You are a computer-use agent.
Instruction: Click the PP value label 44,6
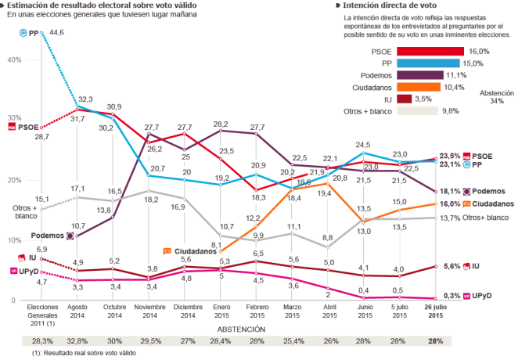[x=56, y=32]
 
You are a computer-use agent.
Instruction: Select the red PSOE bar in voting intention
[x=430, y=51]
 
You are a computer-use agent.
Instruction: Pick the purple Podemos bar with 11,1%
[x=420, y=75]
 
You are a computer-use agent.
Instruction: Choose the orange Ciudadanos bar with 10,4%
[x=419, y=87]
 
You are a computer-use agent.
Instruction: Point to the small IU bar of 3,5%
[x=405, y=99]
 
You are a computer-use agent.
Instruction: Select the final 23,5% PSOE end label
[x=472, y=156]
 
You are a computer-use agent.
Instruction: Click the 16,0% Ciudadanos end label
[x=472, y=203]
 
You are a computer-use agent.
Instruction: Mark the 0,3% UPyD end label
[x=472, y=297]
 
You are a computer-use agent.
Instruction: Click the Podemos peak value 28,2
[x=221, y=124]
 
